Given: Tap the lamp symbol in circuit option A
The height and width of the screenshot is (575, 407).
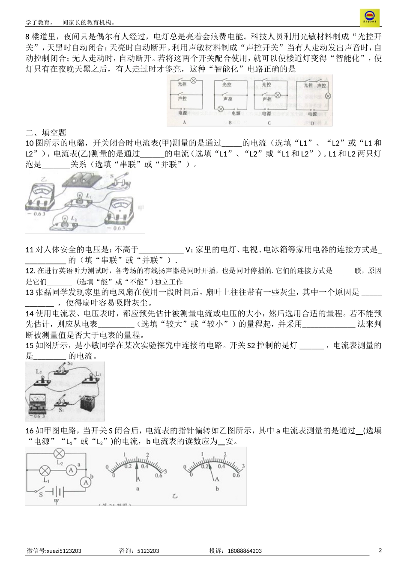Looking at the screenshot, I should pos(193,80).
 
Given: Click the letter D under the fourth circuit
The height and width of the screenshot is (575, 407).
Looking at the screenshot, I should pos(312,123).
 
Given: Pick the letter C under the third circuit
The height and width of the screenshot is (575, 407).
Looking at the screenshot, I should pos(269,122).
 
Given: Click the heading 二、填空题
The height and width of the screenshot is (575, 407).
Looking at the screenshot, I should pos(46,133).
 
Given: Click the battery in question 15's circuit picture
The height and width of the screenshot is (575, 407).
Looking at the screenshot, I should pos(90,404).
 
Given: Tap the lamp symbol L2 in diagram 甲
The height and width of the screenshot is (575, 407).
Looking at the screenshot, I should pos(59,454).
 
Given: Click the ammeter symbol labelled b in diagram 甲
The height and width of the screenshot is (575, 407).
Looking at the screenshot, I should pos(86,482).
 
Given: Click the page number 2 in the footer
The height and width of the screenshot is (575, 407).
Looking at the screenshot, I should pos(380,550).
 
